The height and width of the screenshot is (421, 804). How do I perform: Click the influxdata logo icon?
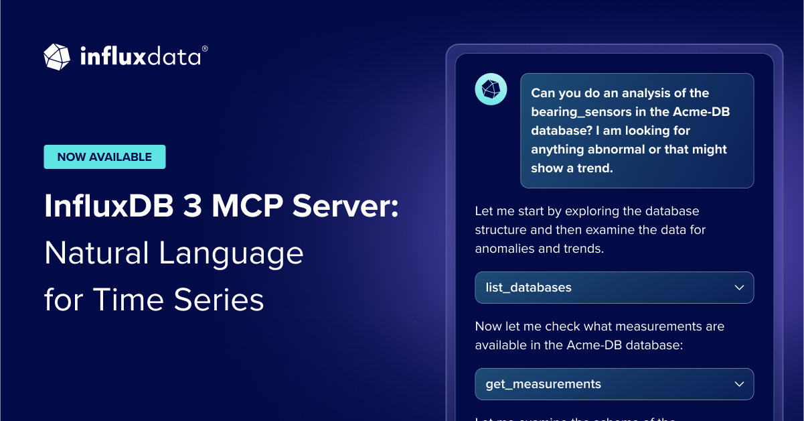click(57, 57)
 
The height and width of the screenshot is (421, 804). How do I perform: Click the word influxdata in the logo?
click(140, 57)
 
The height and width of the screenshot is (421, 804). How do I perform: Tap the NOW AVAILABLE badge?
click(104, 157)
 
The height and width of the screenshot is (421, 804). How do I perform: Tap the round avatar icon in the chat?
click(491, 88)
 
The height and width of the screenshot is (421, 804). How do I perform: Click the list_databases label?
click(529, 288)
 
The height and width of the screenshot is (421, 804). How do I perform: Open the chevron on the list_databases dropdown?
click(739, 288)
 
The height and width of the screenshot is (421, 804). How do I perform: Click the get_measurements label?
click(544, 384)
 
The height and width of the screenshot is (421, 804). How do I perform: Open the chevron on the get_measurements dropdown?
click(739, 384)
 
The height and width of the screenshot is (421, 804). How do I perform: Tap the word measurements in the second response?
click(641, 326)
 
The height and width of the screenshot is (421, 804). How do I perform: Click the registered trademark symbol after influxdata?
click(205, 49)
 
